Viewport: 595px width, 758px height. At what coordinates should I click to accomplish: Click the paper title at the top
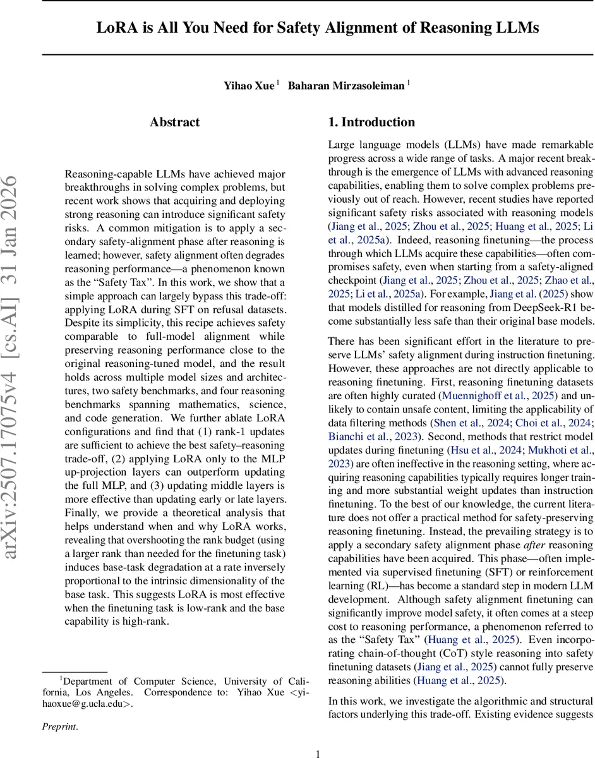318,28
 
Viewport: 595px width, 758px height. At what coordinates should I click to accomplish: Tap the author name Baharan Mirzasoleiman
347,85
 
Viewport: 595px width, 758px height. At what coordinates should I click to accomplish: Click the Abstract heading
175,123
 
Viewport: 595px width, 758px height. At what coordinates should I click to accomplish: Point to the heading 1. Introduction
372,123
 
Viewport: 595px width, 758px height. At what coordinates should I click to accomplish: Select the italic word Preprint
59,726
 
